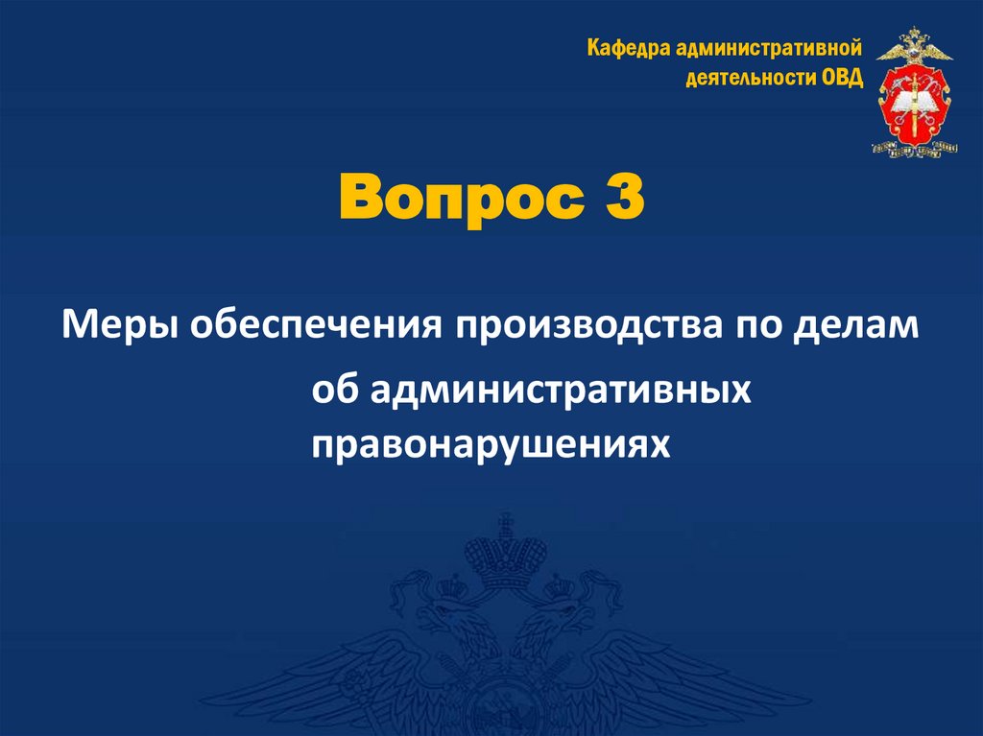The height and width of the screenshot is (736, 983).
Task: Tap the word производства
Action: pos(582,325)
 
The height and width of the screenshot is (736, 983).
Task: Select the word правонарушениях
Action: pos(489,442)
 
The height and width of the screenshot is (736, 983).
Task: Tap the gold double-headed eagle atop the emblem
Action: pos(914,44)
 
